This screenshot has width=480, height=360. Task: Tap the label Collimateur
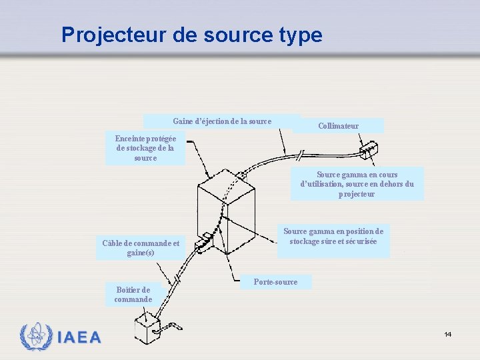pyautogui.click(x=338, y=125)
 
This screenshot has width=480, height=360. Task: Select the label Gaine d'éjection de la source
pyautogui.click(x=222, y=121)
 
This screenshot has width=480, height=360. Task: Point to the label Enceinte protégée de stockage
pyautogui.click(x=145, y=148)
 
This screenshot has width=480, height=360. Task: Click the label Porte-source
pyautogui.click(x=275, y=282)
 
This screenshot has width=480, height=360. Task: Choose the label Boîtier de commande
pyautogui.click(x=133, y=294)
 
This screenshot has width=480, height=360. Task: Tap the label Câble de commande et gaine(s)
pyautogui.click(x=141, y=248)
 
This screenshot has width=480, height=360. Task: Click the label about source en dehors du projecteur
pyautogui.click(x=357, y=184)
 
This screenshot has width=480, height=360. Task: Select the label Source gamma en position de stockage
pyautogui.click(x=333, y=236)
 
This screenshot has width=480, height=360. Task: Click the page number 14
pyautogui.click(x=448, y=334)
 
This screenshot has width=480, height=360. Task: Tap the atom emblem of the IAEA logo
pyautogui.click(x=35, y=337)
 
